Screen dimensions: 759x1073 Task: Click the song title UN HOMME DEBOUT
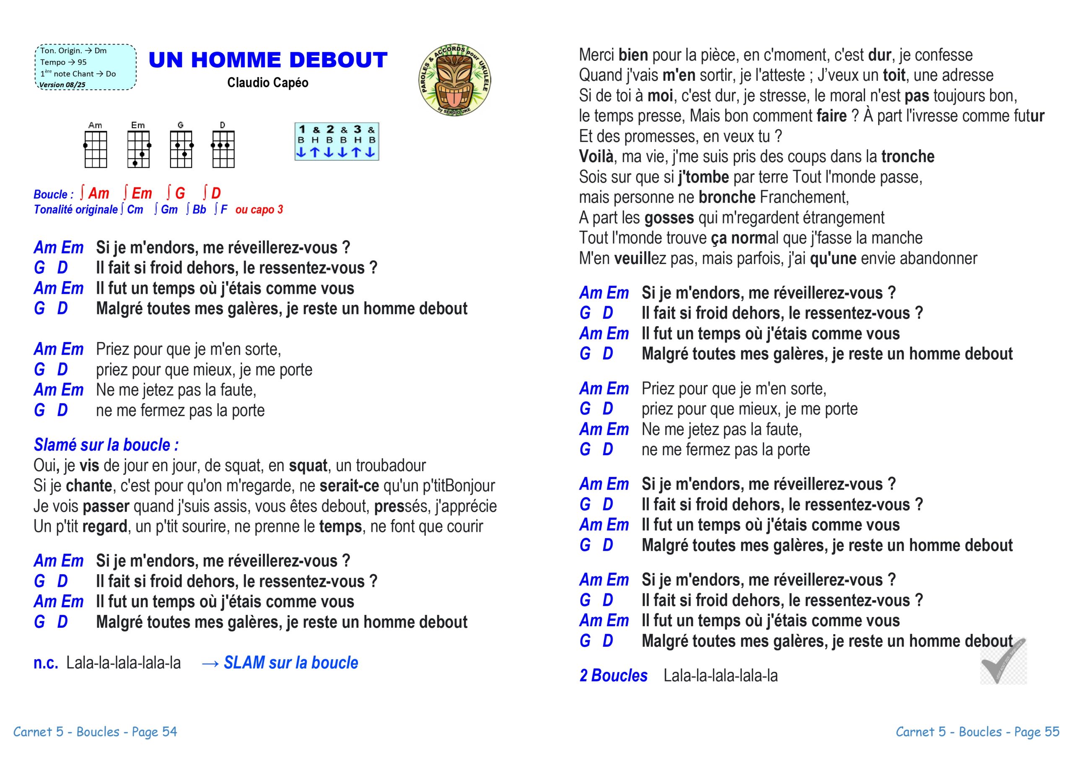[x=268, y=60]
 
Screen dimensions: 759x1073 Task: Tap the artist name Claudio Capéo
[x=267, y=83]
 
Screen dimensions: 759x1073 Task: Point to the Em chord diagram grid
[x=138, y=149]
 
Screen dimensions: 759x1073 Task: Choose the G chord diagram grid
[x=180, y=149]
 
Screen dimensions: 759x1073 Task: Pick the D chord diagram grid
[x=223, y=149]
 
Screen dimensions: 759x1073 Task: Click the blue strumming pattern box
[x=337, y=142]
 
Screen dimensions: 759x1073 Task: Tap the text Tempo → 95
[x=64, y=62]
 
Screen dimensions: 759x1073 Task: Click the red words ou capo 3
[x=259, y=210]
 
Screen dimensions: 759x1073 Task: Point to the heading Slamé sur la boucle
[x=106, y=445]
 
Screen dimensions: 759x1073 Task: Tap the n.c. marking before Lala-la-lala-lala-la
[x=45, y=663]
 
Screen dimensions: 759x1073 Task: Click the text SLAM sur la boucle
[x=291, y=663]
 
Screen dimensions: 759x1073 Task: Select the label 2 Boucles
[x=613, y=675]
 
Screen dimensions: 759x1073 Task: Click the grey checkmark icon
[x=1003, y=661]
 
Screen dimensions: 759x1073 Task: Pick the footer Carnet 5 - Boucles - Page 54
[x=95, y=732]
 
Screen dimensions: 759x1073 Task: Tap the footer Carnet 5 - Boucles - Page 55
[x=977, y=732]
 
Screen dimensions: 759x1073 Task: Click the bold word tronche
[x=907, y=157]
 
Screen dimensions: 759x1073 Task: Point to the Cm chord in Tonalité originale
[x=135, y=210]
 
